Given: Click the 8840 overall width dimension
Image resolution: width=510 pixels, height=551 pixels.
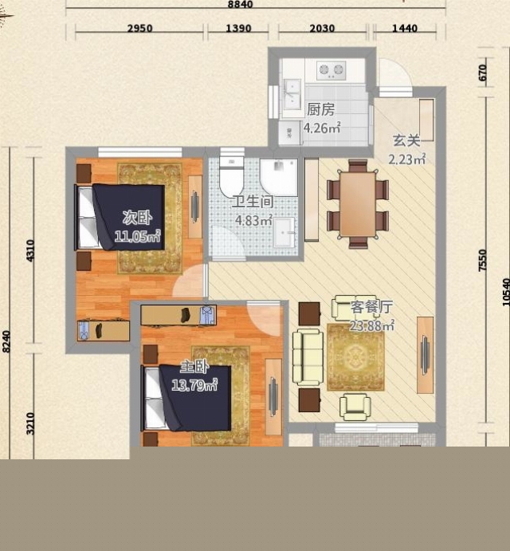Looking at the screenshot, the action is (240, 4).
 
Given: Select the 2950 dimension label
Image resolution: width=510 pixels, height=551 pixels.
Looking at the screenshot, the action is (139, 28).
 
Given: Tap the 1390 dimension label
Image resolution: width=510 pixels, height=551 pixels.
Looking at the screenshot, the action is (238, 28).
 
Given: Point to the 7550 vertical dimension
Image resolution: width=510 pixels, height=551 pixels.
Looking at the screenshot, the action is (483, 260).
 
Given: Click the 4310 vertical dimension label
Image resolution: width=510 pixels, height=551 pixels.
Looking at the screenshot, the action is (30, 250).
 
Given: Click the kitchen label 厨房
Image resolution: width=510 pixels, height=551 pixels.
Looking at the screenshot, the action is (320, 109).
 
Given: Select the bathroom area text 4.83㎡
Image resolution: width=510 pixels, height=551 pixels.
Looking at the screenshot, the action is (253, 220).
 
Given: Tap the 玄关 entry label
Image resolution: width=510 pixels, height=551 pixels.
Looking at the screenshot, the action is (406, 140).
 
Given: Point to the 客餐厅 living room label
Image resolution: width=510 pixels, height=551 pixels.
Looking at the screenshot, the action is (371, 307).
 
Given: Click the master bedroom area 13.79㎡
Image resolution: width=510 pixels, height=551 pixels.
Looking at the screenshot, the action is (194, 385).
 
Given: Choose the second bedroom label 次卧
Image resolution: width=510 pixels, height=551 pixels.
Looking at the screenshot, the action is (137, 218).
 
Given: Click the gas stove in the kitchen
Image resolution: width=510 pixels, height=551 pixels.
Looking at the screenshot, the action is (331, 70).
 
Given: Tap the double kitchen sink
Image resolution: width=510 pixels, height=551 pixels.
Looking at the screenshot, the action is (292, 94).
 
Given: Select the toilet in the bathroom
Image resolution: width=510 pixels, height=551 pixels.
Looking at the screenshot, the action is (231, 175).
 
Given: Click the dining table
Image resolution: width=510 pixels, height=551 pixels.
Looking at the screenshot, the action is (358, 204).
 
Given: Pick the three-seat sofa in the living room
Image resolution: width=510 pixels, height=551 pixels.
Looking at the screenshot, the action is (308, 357).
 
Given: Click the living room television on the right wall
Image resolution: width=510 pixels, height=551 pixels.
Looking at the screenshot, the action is (425, 355).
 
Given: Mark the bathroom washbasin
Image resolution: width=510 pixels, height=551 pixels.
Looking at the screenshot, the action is (284, 232).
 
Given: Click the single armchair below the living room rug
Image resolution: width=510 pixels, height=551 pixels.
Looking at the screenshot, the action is (355, 407).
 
